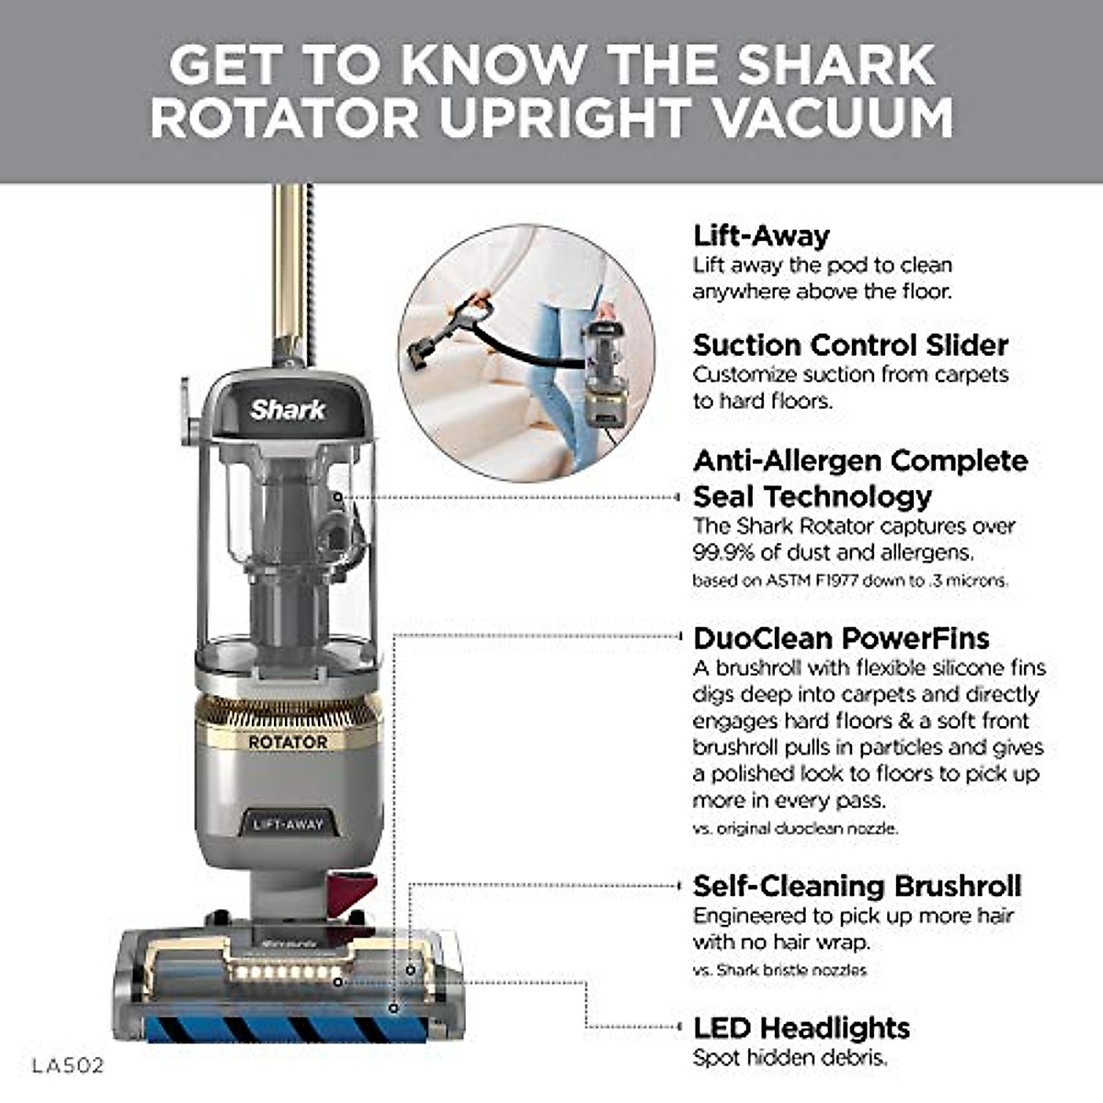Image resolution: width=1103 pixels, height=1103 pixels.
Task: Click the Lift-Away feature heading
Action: [761, 236]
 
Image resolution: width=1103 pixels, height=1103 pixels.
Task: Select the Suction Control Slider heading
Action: [850, 346]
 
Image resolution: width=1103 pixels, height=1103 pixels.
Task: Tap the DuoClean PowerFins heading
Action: [840, 639]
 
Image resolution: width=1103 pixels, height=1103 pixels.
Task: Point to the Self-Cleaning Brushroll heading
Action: [857, 886]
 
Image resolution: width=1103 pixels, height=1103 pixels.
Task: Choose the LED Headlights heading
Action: [802, 1028]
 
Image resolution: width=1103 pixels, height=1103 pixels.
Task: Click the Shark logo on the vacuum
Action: [288, 410]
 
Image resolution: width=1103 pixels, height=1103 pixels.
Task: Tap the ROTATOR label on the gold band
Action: [288, 742]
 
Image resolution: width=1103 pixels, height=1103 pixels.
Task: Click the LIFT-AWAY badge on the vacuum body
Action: [288, 824]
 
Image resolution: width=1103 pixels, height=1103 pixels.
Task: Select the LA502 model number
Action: [68, 1066]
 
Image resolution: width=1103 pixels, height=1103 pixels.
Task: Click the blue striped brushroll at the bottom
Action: [276, 1028]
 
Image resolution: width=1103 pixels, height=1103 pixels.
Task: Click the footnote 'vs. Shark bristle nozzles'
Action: [779, 970]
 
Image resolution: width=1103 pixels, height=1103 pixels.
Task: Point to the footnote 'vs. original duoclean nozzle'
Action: [795, 828]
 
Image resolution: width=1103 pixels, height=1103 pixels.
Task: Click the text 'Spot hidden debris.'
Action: [790, 1058]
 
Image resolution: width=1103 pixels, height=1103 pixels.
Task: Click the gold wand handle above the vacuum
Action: [290, 267]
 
